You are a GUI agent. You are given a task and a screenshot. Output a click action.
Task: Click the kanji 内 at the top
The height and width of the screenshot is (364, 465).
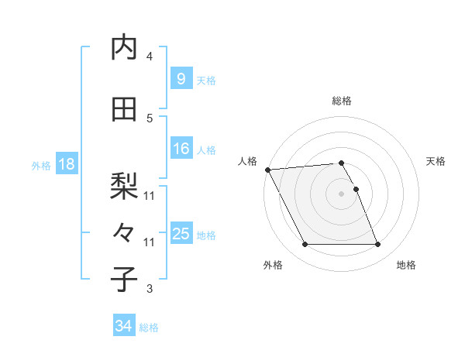click(125, 47)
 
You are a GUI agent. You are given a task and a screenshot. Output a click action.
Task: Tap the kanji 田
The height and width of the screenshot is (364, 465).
click(125, 109)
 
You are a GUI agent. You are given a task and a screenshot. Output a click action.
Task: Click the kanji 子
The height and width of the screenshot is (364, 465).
click(125, 280)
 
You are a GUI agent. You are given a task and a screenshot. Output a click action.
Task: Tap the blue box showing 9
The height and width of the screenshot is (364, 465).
click(181, 79)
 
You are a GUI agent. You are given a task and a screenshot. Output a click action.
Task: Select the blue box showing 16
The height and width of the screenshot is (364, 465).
click(181, 149)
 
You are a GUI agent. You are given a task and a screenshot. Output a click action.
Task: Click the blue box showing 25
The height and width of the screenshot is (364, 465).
click(181, 234)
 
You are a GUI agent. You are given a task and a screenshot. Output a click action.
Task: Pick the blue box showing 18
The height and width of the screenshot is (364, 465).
click(66, 165)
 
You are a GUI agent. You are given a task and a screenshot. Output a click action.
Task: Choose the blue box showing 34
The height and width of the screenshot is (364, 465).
click(124, 326)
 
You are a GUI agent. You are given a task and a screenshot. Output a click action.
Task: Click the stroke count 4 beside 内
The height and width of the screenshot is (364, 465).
click(150, 57)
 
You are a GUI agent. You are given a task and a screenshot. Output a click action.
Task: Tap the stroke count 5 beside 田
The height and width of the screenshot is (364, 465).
click(150, 118)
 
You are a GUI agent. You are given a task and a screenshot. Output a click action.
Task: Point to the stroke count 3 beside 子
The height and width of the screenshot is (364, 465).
click(150, 289)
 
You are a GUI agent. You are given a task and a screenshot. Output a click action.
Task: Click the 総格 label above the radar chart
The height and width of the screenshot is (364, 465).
click(342, 101)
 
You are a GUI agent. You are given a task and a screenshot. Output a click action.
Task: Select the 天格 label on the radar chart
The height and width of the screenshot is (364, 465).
click(436, 161)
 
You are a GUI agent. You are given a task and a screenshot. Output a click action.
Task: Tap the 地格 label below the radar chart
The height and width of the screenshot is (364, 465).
click(406, 266)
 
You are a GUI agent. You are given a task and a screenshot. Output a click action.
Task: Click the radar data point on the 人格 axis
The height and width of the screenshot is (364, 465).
click(268, 170)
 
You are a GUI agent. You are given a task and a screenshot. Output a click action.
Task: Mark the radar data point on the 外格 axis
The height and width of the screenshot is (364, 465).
click(305, 245)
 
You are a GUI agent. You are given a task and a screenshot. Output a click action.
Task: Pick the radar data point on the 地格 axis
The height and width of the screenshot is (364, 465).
click(378, 245)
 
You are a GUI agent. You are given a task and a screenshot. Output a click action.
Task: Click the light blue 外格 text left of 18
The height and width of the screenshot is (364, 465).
click(41, 166)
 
